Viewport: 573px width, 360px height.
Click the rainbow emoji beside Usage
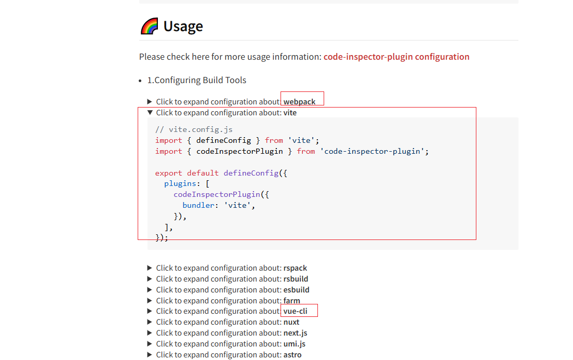pos(150,26)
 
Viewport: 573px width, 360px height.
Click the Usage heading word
pos(183,26)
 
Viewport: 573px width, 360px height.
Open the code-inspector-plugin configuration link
pos(396,57)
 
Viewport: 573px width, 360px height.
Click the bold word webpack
pos(299,102)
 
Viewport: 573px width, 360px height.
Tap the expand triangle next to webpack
pos(150,102)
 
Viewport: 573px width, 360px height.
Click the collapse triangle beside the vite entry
pos(150,112)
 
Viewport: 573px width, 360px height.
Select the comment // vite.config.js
pos(194,129)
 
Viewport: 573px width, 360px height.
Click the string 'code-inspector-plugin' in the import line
pos(374,151)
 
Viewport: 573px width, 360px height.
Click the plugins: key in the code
pos(180,184)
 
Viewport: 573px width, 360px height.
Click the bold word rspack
pos(295,268)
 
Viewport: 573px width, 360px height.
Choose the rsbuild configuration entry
pos(296,279)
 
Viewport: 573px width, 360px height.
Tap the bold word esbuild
pos(296,290)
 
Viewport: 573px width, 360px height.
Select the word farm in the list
pos(291,301)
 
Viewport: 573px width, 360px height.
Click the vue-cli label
pos(295,311)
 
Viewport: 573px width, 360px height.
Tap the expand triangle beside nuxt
pos(150,322)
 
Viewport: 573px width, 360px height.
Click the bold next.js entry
pos(295,333)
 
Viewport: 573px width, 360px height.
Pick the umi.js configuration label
pos(294,344)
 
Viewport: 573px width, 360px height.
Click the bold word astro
pos(292,355)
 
